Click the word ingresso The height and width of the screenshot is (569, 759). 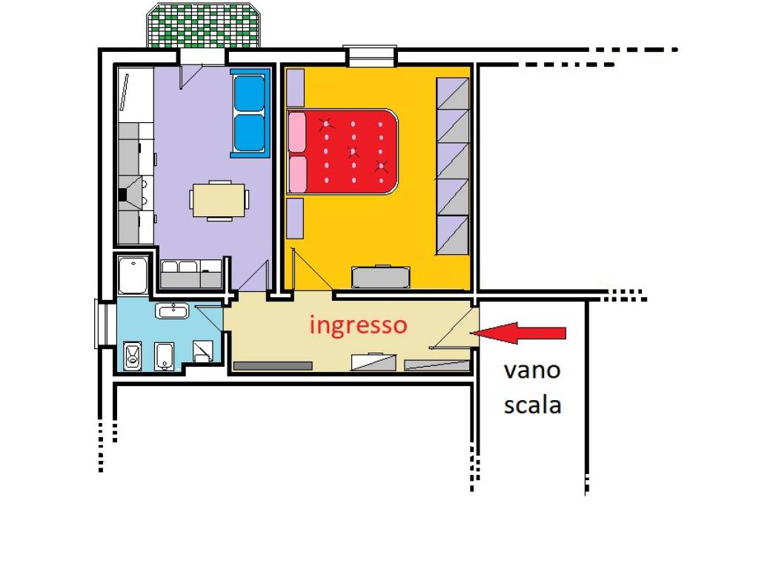(x=358, y=325)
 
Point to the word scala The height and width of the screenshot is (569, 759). (x=531, y=405)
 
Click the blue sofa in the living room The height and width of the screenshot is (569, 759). (x=250, y=113)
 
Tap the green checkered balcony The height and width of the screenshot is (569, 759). (x=204, y=26)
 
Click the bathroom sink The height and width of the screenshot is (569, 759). (x=173, y=310)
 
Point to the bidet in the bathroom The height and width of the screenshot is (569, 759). (x=165, y=356)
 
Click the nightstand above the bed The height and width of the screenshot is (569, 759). (x=295, y=87)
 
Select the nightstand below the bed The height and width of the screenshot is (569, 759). (x=295, y=218)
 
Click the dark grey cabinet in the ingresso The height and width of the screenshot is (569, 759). (x=273, y=365)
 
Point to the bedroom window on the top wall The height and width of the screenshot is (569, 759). (x=370, y=55)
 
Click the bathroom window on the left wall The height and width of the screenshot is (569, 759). (x=102, y=323)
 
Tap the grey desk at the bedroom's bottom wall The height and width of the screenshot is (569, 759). (x=381, y=277)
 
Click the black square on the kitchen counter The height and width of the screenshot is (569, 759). (x=123, y=195)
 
